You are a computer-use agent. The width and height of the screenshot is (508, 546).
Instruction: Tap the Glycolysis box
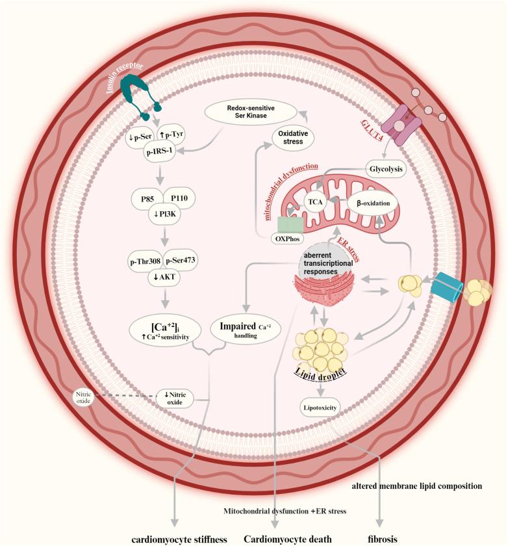pyautogui.click(x=385, y=168)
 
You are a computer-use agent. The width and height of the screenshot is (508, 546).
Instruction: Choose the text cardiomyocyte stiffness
pyautogui.click(x=174, y=539)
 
